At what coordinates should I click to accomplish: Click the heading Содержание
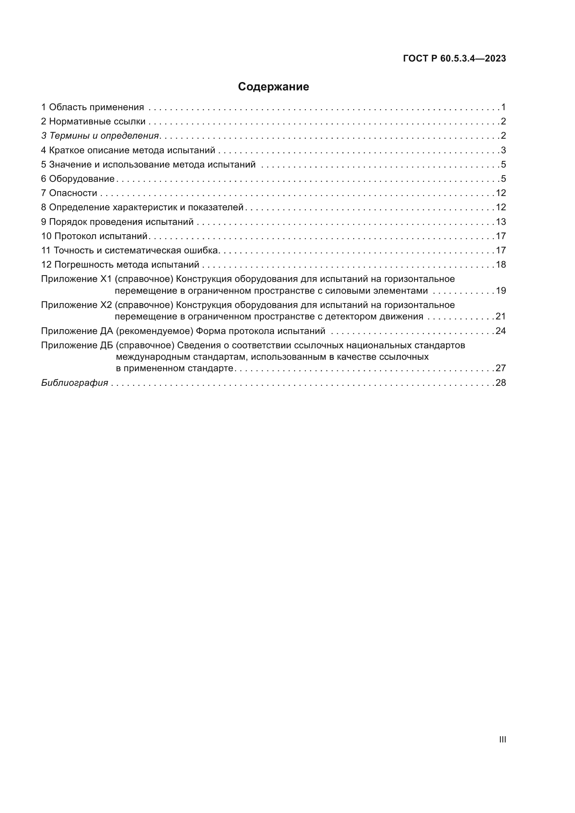tap(273, 87)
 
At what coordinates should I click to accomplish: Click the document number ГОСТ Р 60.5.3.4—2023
tap(454, 59)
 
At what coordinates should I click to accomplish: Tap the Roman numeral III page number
tap(502, 739)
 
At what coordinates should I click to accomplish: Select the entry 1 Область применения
tap(93, 107)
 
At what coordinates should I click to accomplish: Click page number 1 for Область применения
tap(503, 107)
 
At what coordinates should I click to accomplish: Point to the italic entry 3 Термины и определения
tap(100, 136)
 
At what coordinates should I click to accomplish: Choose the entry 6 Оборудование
tap(78, 179)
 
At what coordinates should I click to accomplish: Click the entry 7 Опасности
tap(69, 193)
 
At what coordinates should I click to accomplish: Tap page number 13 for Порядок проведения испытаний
tap(501, 222)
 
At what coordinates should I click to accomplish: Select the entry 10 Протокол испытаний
tap(94, 236)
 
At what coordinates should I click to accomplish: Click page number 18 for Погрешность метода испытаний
tap(501, 265)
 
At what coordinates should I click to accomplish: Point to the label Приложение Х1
tap(76, 279)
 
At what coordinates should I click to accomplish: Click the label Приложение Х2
tap(76, 305)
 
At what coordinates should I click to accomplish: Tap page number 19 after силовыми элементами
tap(501, 291)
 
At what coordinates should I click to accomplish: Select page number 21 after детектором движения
tap(501, 317)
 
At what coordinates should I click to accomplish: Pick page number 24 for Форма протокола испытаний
tap(501, 331)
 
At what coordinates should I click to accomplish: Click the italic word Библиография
tap(75, 383)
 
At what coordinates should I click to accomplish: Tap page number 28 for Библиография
tap(501, 383)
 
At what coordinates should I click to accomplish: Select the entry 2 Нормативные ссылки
tap(94, 122)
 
